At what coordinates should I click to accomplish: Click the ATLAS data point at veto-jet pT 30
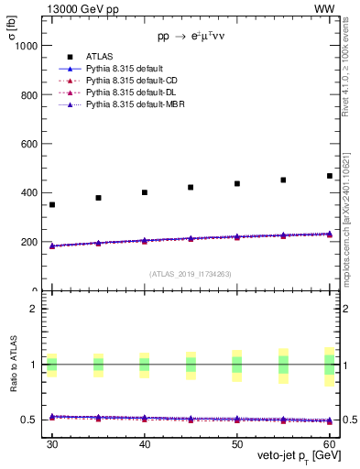tap(52, 204)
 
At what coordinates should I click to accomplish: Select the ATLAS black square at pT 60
tap(330, 176)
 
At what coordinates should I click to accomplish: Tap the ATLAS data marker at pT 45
tap(191, 187)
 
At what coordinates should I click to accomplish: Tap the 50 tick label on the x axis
tap(237, 442)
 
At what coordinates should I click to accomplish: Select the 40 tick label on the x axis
tap(145, 442)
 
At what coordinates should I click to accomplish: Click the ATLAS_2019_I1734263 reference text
tap(191, 273)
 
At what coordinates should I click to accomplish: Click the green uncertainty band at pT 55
tap(283, 365)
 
